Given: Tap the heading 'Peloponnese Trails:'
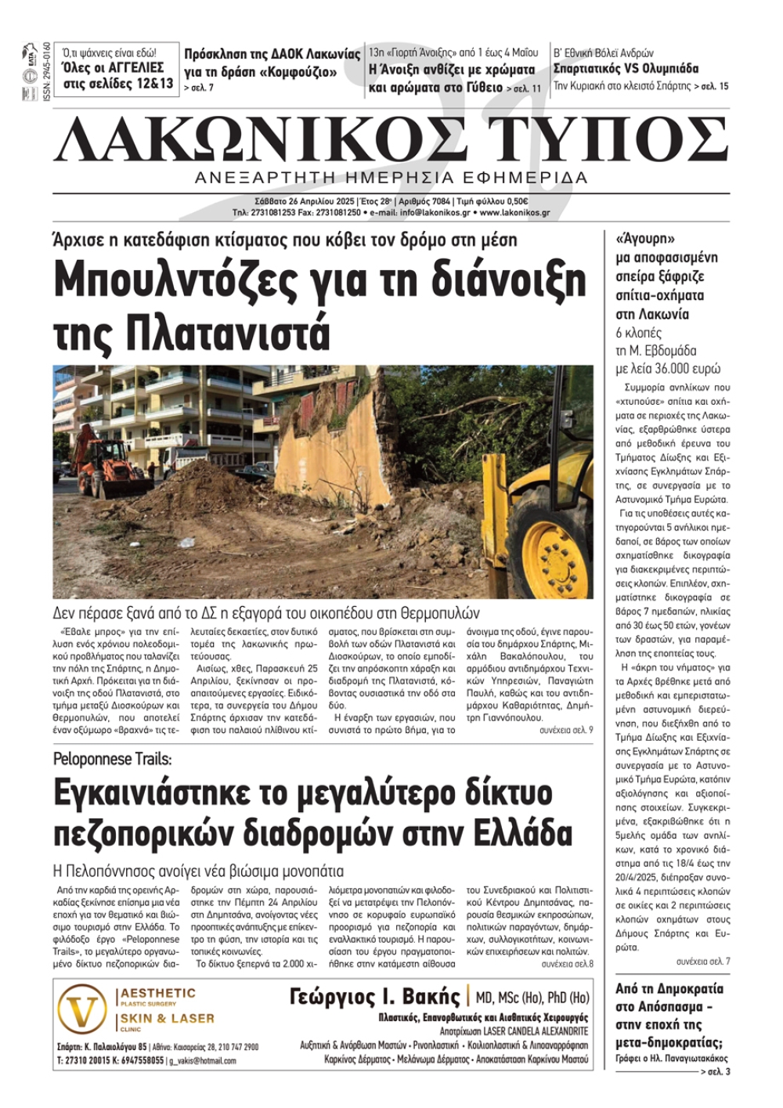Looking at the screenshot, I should [113, 759].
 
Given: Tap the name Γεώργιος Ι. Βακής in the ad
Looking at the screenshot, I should [374, 997].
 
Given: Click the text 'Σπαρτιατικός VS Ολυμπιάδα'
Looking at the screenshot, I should [626, 69].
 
